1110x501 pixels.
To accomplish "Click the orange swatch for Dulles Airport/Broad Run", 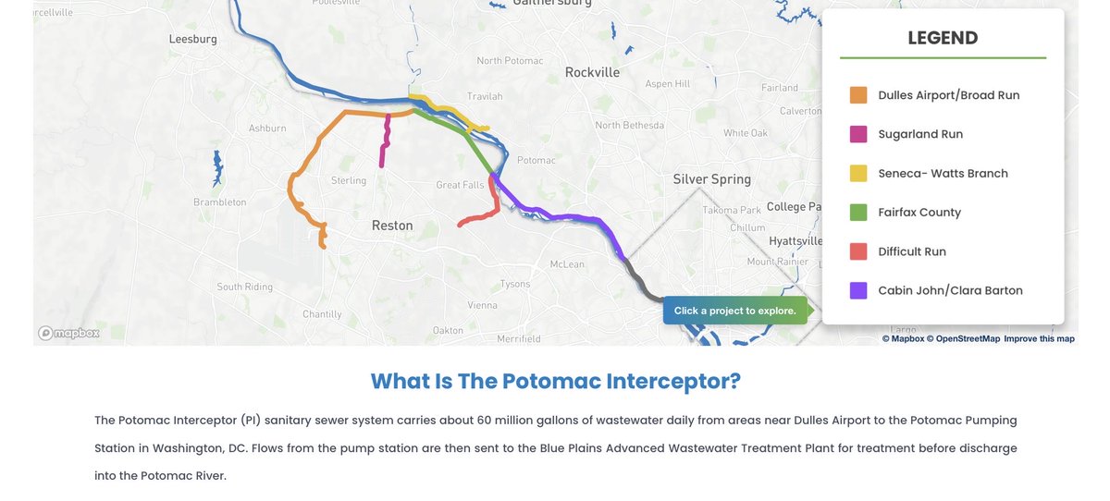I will point(858,95).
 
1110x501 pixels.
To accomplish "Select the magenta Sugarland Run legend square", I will point(858,134).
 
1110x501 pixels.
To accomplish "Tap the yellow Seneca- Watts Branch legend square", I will point(858,173).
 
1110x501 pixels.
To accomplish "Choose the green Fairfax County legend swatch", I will point(858,212).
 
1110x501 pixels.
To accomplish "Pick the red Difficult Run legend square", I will point(858,251).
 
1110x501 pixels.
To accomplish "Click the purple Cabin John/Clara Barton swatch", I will point(858,290).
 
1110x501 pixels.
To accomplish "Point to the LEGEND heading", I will point(943,38).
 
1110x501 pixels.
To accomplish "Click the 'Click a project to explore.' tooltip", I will point(734,311).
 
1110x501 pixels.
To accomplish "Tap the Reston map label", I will point(392,226).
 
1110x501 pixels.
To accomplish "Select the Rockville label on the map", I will point(592,72).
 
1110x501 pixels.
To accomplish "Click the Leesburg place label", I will point(192,40).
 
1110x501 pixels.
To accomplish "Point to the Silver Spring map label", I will point(711,179).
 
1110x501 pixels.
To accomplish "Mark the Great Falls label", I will point(460,185).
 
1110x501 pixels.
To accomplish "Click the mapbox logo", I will point(68,333).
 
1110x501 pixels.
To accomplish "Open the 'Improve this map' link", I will point(1039,338).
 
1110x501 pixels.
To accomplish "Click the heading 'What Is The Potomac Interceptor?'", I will point(555,381).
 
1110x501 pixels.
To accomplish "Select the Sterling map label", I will point(349,180).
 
